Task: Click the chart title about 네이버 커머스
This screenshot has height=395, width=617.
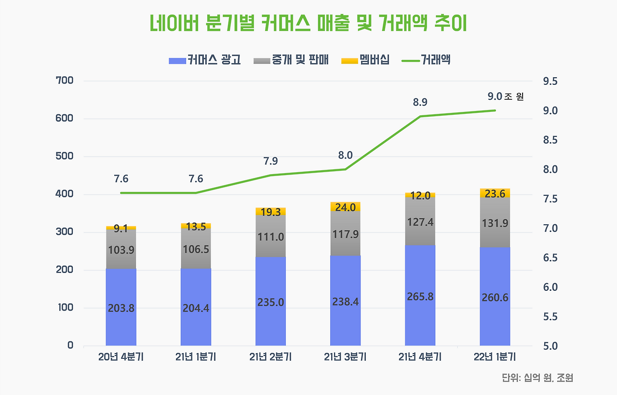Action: pyautogui.click(x=308, y=23)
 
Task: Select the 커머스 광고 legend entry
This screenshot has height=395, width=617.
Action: pyautogui.click(x=205, y=60)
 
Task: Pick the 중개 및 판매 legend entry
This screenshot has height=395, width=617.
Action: pyautogui.click(x=291, y=60)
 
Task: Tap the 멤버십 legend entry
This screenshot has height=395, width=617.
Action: pyautogui.click(x=365, y=60)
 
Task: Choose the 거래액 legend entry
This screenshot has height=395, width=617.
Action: pyautogui.click(x=426, y=60)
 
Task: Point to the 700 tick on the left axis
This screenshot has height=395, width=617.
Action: pyautogui.click(x=65, y=81)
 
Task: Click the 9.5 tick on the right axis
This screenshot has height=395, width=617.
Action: pyautogui.click(x=550, y=82)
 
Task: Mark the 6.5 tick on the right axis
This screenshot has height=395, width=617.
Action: pyautogui.click(x=550, y=258)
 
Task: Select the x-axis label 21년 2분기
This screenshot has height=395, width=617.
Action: pyautogui.click(x=270, y=357)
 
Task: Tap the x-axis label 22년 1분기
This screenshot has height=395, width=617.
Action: pyautogui.click(x=495, y=357)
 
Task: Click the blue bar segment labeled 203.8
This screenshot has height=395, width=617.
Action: pyautogui.click(x=121, y=307)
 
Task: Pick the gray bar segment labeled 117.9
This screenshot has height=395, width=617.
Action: pyautogui.click(x=346, y=233)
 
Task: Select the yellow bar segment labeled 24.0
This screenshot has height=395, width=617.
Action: pyautogui.click(x=346, y=206)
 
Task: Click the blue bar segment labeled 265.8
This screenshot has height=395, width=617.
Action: pyautogui.click(x=420, y=296)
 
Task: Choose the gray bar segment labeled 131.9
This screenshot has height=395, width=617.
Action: pyautogui.click(x=495, y=222)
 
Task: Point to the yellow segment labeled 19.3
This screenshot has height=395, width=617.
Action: pyautogui.click(x=270, y=211)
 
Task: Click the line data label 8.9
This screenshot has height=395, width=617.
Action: pyautogui.click(x=420, y=102)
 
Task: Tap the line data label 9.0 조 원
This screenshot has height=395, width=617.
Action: pyautogui.click(x=506, y=96)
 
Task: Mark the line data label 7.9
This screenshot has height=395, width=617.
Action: pyautogui.click(x=270, y=161)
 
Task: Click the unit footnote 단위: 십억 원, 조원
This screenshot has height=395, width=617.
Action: pyautogui.click(x=537, y=378)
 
